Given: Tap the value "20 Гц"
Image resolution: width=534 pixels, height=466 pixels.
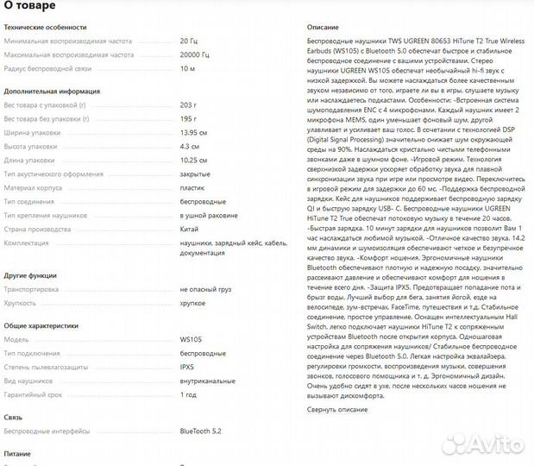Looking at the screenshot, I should click(x=188, y=41).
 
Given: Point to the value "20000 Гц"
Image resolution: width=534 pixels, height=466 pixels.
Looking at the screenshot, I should click(x=194, y=54).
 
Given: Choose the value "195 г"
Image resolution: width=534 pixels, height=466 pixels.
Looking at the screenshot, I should click(x=188, y=118).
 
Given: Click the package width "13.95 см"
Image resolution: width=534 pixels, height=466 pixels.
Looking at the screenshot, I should click(x=193, y=132).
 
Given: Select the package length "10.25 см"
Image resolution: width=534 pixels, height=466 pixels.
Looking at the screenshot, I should click(x=193, y=160).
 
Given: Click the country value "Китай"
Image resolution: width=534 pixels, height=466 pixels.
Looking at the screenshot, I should click(x=190, y=230).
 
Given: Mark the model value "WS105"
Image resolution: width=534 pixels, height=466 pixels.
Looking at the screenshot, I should click(x=190, y=339).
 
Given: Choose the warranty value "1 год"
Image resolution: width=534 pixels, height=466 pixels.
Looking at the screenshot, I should click(x=187, y=394).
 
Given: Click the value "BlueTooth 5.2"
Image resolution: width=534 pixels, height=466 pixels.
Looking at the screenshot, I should click(x=200, y=431).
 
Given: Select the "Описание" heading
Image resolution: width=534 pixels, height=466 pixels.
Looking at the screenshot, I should click(x=323, y=28).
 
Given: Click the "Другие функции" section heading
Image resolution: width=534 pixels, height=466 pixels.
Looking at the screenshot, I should click(x=31, y=275).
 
